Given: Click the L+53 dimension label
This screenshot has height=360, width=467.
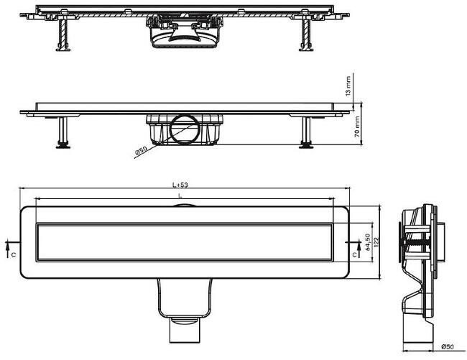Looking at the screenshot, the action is click(x=180, y=185).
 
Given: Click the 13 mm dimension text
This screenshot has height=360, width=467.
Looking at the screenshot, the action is click(x=348, y=86).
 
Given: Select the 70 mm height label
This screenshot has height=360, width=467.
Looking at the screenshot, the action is click(x=357, y=127).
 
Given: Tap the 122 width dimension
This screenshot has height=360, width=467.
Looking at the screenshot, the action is click(x=376, y=243).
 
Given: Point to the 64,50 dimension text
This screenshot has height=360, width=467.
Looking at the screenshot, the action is click(x=368, y=241).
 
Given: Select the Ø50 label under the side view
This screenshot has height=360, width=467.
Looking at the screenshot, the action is click(x=448, y=346).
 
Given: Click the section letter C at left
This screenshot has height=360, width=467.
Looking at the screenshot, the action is click(x=14, y=255).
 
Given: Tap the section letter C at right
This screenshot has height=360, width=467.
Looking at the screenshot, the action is click(x=354, y=255).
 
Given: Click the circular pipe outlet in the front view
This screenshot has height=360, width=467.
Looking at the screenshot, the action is click(x=185, y=129).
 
